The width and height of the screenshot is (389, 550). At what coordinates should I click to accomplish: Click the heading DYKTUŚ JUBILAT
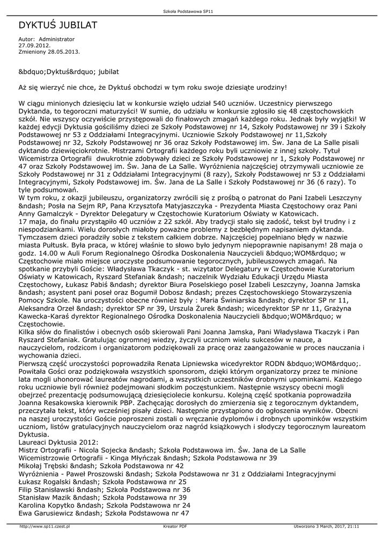(x=58, y=25)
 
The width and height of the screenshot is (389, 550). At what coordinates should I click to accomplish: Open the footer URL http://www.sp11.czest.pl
(x=45, y=526)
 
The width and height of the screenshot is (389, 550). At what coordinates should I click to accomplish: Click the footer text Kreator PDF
(x=175, y=526)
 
